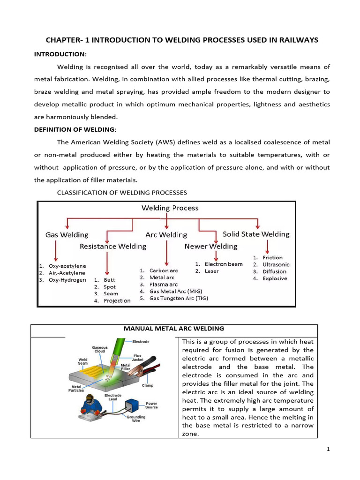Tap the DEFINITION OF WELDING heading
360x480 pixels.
click(75, 129)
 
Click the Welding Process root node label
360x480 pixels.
click(170, 208)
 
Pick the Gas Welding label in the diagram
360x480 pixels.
click(67, 234)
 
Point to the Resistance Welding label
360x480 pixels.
click(113, 246)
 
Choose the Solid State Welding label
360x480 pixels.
click(256, 234)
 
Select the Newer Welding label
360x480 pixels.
click(211, 246)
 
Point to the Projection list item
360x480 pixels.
click(117, 300)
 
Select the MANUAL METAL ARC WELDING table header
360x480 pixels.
click(173, 329)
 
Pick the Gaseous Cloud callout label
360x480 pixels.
click(99, 350)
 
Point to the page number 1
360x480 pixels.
click(328, 450)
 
